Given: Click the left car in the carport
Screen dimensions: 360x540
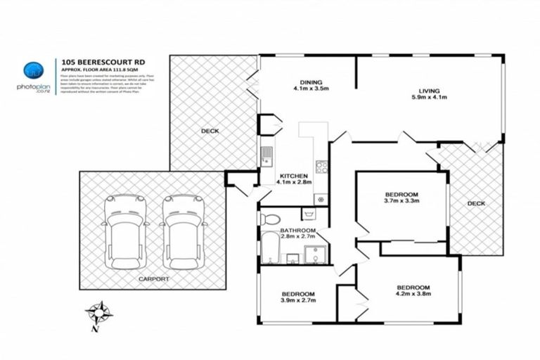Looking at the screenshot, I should click(x=124, y=230).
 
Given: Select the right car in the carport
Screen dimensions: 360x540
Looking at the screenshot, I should click(x=182, y=230).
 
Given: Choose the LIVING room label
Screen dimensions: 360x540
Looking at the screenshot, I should click(x=429, y=91).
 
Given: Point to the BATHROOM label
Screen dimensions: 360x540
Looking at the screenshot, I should click(x=297, y=230).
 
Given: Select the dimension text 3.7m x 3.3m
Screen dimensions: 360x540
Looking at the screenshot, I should click(x=401, y=202).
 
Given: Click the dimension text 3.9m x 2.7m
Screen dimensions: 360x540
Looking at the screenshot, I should click(x=299, y=300).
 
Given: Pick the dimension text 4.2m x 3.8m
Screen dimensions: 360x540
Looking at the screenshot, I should click(x=413, y=295).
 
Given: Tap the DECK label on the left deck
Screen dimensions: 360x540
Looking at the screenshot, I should click(x=210, y=131).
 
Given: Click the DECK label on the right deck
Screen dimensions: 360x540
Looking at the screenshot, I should click(x=476, y=203).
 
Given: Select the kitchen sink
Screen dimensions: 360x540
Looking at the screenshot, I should click(x=266, y=153).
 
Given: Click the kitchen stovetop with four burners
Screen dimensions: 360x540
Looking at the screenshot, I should click(x=321, y=167).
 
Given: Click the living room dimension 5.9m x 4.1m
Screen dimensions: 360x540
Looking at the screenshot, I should click(x=429, y=98).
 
